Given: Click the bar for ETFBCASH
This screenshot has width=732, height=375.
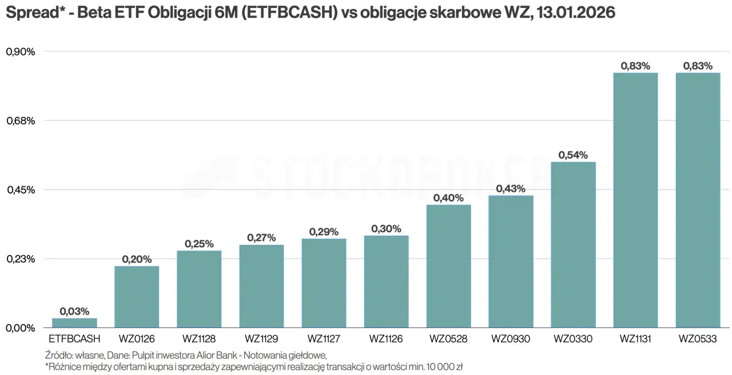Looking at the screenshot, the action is [74, 323].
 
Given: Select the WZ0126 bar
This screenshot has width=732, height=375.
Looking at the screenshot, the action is [137, 297].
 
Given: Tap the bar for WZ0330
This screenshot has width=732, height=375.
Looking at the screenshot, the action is [573, 244].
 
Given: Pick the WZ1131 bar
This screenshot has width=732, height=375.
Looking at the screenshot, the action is [635, 200].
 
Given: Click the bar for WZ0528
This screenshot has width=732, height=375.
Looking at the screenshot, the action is [449, 266].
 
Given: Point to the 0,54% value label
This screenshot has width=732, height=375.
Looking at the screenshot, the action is [573, 155].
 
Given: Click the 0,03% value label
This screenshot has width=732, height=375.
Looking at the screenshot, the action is [74, 312].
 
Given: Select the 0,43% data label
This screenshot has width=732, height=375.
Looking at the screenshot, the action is [511, 188].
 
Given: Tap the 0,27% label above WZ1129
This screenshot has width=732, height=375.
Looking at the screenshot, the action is [261, 237].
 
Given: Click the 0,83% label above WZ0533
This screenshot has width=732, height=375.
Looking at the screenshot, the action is [698, 66].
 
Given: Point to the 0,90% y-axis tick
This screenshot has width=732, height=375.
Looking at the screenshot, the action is [21, 51].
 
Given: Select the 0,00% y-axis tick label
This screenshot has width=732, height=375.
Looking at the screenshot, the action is [21, 328].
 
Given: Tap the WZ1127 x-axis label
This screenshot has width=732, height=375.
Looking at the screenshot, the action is [324, 339].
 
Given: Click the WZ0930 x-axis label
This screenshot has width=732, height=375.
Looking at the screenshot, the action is [511, 339].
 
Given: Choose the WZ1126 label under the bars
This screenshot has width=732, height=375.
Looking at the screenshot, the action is [386, 339].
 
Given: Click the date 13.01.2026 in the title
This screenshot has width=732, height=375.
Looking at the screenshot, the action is [576, 13].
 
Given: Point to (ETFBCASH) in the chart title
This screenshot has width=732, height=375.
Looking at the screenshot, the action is [290, 13].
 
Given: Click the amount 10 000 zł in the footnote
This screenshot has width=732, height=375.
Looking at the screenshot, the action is [447, 367].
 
